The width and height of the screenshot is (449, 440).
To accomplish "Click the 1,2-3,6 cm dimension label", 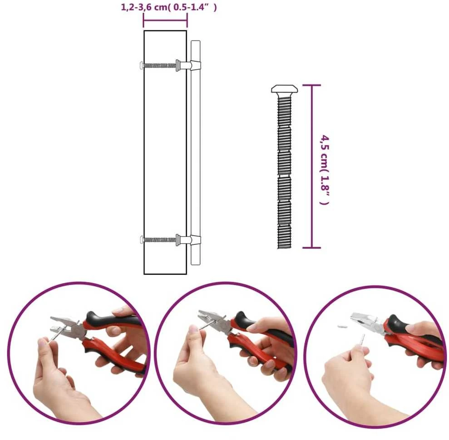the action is click(x=169, y=7).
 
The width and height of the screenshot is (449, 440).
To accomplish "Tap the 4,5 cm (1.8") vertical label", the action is click(x=325, y=170).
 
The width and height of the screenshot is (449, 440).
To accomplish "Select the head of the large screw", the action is click(x=284, y=89).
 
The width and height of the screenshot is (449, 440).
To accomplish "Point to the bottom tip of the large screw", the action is click(x=284, y=248).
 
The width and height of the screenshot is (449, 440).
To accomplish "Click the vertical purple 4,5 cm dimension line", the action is click(x=312, y=166).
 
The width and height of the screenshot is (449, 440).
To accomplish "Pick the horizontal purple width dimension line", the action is click(x=165, y=20).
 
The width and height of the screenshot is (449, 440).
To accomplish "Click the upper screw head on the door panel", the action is click(x=141, y=65).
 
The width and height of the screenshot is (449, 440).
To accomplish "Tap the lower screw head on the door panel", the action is click(x=141, y=239).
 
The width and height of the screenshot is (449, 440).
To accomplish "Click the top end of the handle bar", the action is click(x=196, y=41).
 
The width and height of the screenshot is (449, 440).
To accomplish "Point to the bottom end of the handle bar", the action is click(x=196, y=264).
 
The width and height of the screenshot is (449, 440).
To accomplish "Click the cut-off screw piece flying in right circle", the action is click(x=342, y=326).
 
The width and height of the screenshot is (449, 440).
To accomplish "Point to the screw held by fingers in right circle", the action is click(x=362, y=340).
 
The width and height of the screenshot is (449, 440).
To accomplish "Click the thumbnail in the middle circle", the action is click(x=193, y=329).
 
